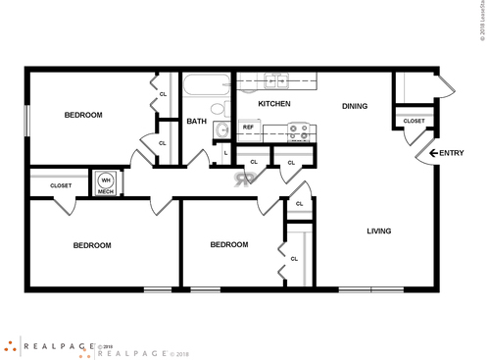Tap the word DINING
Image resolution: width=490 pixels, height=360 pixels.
point(354,106)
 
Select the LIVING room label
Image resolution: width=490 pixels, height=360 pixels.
point(378,231)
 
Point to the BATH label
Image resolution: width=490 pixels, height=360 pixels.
point(197,122)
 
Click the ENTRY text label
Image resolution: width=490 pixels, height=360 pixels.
point(451,153)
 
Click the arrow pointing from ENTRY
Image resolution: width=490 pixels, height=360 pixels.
point(432,153)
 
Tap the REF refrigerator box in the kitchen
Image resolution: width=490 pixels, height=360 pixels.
point(248,128)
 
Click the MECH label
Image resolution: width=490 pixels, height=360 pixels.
point(105,192)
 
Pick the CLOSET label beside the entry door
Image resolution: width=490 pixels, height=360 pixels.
point(414,121)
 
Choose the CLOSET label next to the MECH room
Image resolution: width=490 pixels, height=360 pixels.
point(61,184)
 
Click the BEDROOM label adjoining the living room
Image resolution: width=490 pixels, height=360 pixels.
point(229,244)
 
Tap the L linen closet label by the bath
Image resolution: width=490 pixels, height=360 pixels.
point(225,153)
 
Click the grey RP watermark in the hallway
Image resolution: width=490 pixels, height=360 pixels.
point(243,178)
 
